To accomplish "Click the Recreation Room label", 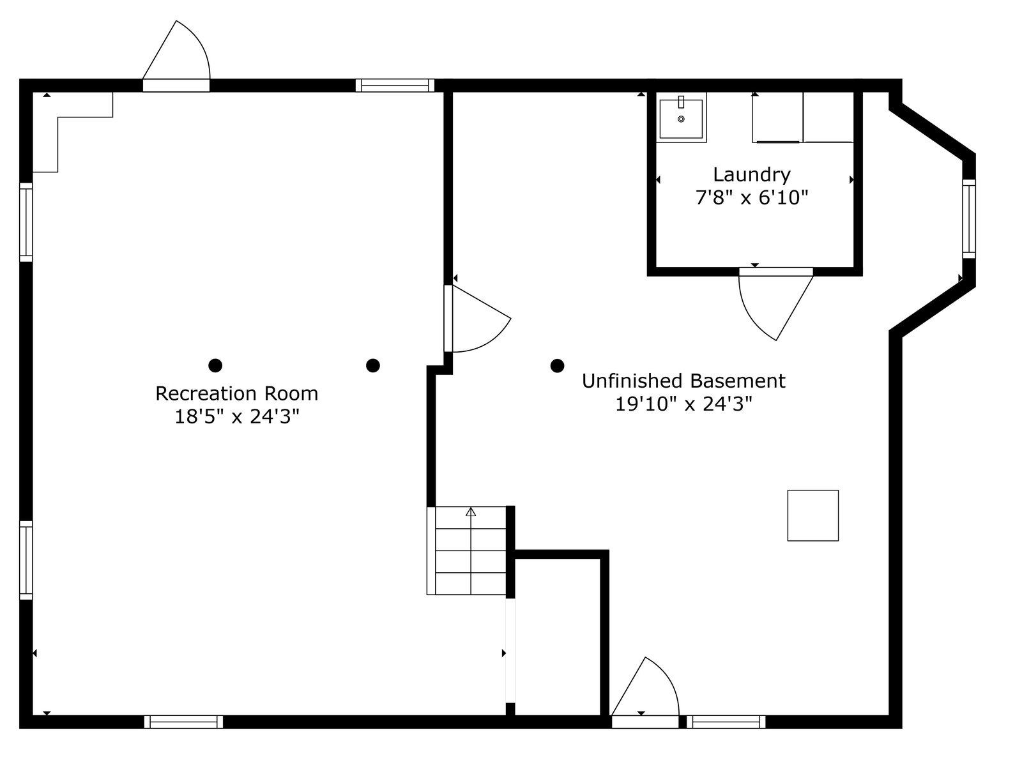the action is (x=236, y=393).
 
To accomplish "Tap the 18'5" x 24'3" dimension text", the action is (x=237, y=417).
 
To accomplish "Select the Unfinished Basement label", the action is (x=683, y=381).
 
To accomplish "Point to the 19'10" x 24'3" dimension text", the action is (x=683, y=404).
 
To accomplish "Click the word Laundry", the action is (x=752, y=174).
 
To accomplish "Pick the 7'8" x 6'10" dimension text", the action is (x=752, y=198).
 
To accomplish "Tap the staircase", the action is (x=470, y=550).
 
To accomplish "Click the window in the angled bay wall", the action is (x=969, y=218).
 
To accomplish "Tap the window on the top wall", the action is (x=395, y=86).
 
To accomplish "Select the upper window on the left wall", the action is (x=26, y=222).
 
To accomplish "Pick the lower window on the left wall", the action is (x=26, y=560).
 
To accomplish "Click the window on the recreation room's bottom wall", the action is (x=184, y=722).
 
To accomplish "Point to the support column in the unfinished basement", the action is (x=557, y=366).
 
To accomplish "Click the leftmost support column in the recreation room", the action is (x=215, y=365).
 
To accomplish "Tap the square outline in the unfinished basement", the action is (x=812, y=515).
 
